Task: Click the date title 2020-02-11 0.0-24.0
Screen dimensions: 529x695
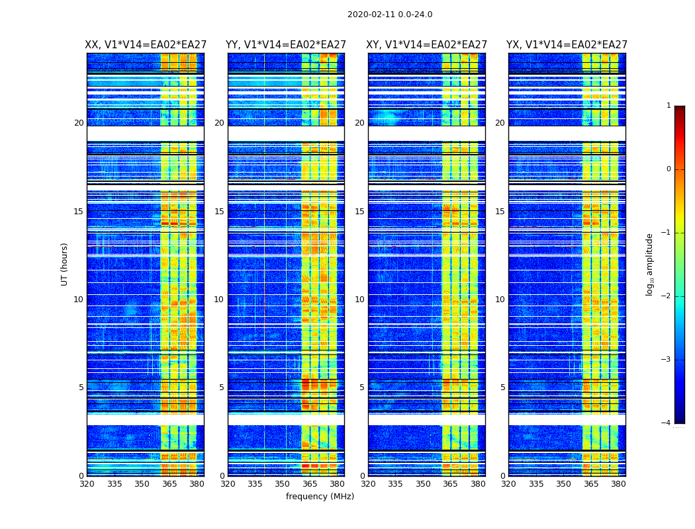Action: point(390,15)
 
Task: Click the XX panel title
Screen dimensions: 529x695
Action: point(145,45)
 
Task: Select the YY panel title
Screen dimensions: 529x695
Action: point(286,45)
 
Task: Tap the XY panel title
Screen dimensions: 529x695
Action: point(427,45)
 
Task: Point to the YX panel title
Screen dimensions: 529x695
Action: point(567,45)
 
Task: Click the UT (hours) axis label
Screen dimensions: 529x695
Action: point(64,264)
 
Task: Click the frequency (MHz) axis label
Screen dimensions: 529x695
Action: point(320,497)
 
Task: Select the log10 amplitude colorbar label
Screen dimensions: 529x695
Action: point(650,264)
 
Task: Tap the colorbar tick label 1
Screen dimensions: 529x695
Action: point(668,106)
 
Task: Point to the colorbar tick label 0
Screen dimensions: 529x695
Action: point(668,169)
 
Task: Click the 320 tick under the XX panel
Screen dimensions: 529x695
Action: point(87,484)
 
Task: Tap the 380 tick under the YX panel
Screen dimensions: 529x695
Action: point(618,484)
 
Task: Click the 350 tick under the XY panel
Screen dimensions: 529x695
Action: point(423,484)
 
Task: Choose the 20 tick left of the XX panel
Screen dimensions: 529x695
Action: point(79,123)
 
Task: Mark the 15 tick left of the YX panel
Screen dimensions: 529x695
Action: point(500,212)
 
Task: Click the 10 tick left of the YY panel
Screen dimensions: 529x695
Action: point(219,300)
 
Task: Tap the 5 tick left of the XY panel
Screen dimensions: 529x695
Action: point(362,387)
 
